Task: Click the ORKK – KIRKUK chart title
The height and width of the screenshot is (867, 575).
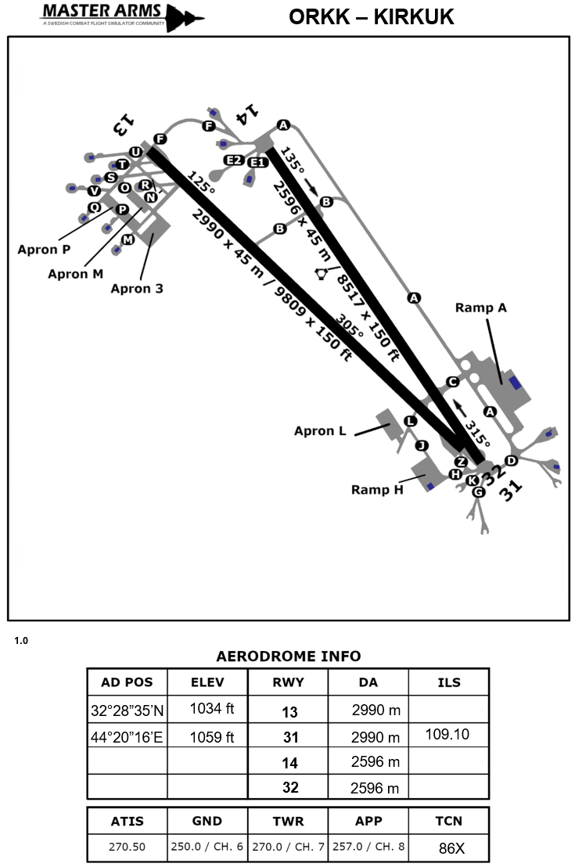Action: pyautogui.click(x=371, y=17)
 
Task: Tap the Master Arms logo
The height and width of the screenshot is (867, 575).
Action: pyautogui.click(x=121, y=15)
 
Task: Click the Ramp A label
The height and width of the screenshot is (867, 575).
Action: pyautogui.click(x=480, y=308)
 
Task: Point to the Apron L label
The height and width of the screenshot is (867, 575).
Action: pyautogui.click(x=320, y=430)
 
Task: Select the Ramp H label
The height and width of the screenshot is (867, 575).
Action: pyautogui.click(x=376, y=490)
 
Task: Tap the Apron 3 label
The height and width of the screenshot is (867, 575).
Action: pyautogui.click(x=137, y=288)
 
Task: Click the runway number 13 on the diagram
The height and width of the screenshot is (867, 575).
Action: pyautogui.click(x=124, y=121)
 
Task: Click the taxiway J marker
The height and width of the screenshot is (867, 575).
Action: pyautogui.click(x=422, y=446)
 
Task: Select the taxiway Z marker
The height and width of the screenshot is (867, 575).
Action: pyautogui.click(x=461, y=462)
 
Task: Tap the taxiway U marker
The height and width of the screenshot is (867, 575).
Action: pyautogui.click(x=136, y=152)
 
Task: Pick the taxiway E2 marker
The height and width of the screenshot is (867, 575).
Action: pyautogui.click(x=233, y=160)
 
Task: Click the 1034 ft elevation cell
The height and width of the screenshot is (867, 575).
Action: pyautogui.click(x=207, y=709)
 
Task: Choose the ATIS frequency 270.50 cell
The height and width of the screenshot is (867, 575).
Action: pyautogui.click(x=126, y=846)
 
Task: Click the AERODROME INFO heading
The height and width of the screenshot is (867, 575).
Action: pyautogui.click(x=288, y=656)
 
